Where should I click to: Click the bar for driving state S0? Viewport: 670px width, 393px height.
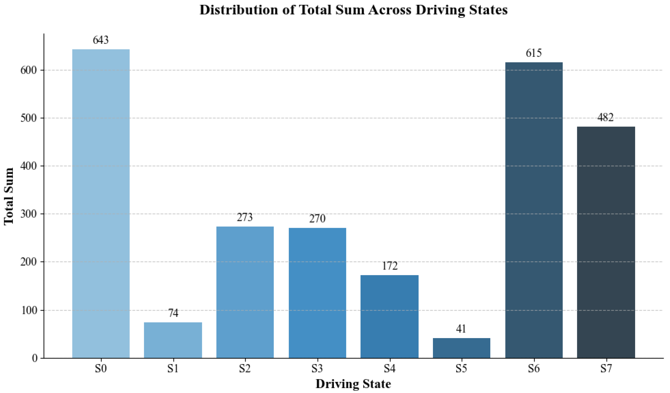point(101,204)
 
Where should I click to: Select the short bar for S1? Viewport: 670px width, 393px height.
point(173,340)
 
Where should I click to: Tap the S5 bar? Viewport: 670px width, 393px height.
point(461,348)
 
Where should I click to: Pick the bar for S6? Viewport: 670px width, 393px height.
point(534,210)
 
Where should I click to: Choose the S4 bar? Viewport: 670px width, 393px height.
point(389,317)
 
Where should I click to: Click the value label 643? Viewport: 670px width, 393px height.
point(101,40)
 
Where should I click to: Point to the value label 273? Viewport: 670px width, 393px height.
point(245,218)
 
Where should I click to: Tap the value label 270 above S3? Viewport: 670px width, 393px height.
point(317,219)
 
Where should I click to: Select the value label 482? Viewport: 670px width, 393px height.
point(606,117)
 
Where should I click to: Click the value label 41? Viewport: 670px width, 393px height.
point(461,329)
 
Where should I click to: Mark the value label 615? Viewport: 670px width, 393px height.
point(534,53)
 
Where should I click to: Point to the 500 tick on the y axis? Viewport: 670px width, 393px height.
point(29,118)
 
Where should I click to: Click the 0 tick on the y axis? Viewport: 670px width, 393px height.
point(35,359)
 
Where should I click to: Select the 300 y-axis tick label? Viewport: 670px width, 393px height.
point(29,214)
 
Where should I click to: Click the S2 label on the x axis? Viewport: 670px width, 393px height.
point(245,369)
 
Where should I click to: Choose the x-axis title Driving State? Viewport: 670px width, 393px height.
point(353,384)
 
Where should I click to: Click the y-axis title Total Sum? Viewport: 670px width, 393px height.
point(9,196)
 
